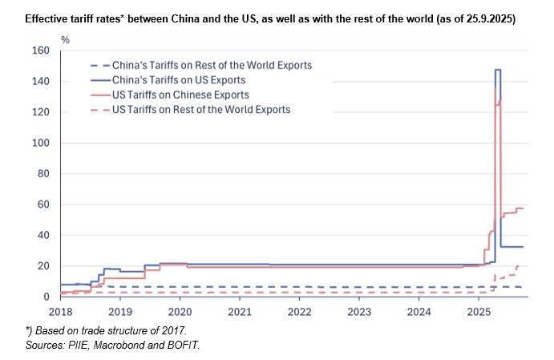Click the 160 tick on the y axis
tap(39, 51)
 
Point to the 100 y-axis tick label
tap(39, 143)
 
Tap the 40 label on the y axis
tap(42, 236)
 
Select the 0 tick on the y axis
tap(46, 297)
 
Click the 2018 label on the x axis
tap(60, 311)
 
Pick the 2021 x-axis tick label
tap(239, 311)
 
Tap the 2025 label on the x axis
tap(478, 311)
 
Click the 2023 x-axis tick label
tap(358, 311)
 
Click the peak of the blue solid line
tap(498, 71)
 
